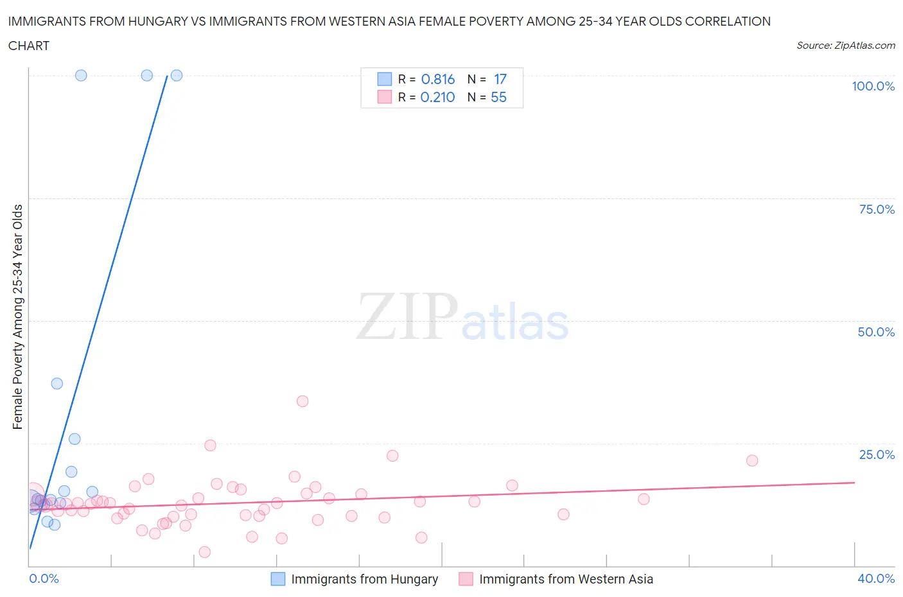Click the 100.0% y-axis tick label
873,86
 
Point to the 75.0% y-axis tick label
877,209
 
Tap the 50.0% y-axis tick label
876,332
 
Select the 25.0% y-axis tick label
877,454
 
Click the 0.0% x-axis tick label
44,578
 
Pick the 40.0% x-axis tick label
876,578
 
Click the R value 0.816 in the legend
438,79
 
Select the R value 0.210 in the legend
437,97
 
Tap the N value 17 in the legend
500,79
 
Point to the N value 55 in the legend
498,97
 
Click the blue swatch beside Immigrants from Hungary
277,579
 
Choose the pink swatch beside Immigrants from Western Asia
466,579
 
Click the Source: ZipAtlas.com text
845,45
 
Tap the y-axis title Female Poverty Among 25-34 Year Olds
17,316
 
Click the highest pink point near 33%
302,401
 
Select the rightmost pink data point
752,460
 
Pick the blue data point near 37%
57,383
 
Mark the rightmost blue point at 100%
177,75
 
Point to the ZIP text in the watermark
407,316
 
